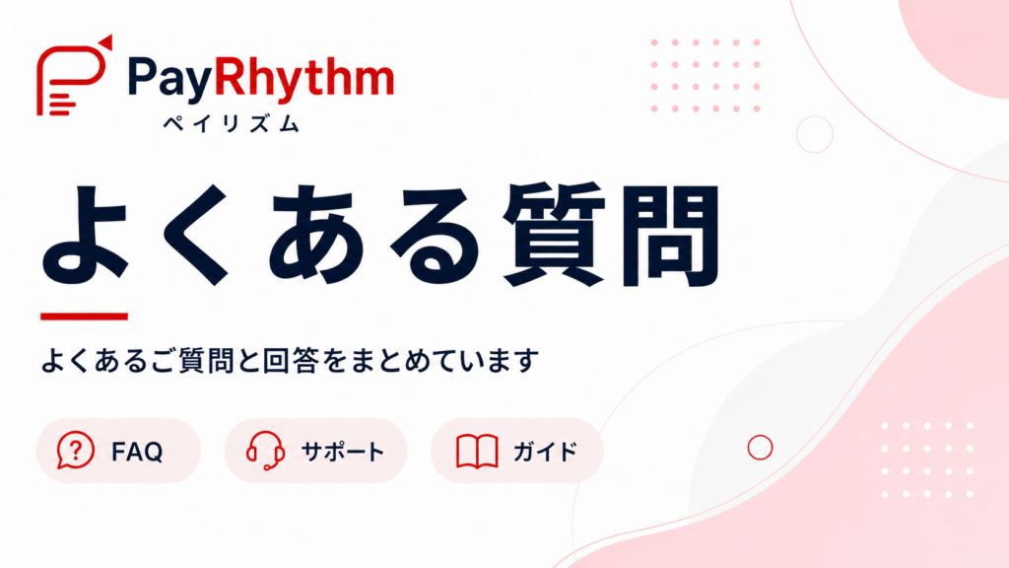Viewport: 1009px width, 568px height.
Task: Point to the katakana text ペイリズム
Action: tap(232, 123)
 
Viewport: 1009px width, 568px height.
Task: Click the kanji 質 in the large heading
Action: tap(554, 235)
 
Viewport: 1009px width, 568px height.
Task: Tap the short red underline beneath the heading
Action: tap(85, 317)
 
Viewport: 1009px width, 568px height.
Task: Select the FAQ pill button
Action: tap(118, 451)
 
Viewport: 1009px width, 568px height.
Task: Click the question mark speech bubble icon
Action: tap(75, 450)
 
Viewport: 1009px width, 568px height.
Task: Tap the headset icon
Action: tap(265, 451)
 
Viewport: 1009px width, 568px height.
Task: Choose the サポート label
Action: tap(343, 452)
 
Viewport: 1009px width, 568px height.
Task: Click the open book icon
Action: tap(477, 451)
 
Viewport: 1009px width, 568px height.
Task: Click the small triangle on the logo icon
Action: tap(104, 42)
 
